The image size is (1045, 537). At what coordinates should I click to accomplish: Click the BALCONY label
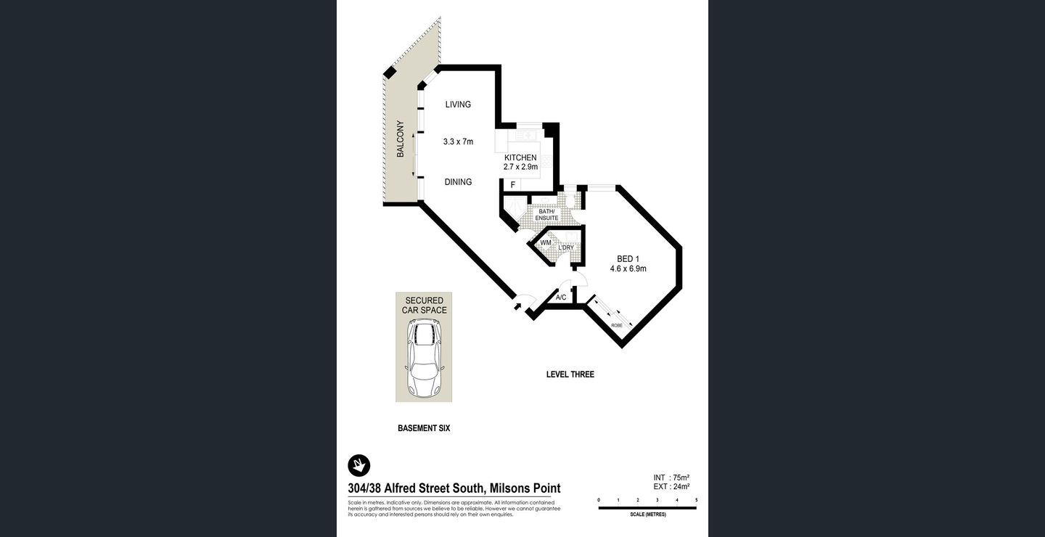pyautogui.click(x=400, y=139)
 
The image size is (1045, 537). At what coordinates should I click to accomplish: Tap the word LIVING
pyautogui.click(x=458, y=104)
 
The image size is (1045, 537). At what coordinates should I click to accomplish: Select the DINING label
pyautogui.click(x=458, y=182)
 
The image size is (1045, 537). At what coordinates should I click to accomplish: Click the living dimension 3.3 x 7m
pyautogui.click(x=458, y=142)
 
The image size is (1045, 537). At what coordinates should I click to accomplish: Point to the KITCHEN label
pyautogui.click(x=520, y=157)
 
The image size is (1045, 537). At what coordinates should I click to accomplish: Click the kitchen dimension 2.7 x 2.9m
pyautogui.click(x=520, y=167)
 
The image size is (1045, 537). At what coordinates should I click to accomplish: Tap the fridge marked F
pyautogui.click(x=512, y=185)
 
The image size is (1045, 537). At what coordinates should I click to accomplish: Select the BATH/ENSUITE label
pyautogui.click(x=548, y=215)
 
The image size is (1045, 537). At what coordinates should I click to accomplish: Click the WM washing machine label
pyautogui.click(x=545, y=243)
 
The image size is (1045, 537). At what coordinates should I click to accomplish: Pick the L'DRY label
pyautogui.click(x=566, y=247)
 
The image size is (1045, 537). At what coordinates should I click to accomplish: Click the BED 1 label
pyautogui.click(x=628, y=259)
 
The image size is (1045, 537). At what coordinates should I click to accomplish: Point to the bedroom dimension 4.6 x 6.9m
pyautogui.click(x=628, y=268)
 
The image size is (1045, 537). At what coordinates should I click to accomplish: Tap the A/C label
pyautogui.click(x=560, y=298)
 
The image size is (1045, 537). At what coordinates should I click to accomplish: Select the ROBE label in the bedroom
pyautogui.click(x=616, y=325)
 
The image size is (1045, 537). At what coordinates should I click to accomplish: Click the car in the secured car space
pyautogui.click(x=424, y=359)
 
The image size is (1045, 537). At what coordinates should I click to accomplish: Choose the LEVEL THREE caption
pyautogui.click(x=570, y=374)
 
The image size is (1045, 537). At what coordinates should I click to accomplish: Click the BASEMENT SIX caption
pyautogui.click(x=424, y=428)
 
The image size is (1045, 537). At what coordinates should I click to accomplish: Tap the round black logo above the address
pyautogui.click(x=359, y=464)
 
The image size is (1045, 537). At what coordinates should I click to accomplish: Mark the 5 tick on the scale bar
pyautogui.click(x=696, y=500)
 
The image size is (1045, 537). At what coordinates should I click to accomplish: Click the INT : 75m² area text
pyautogui.click(x=671, y=477)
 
